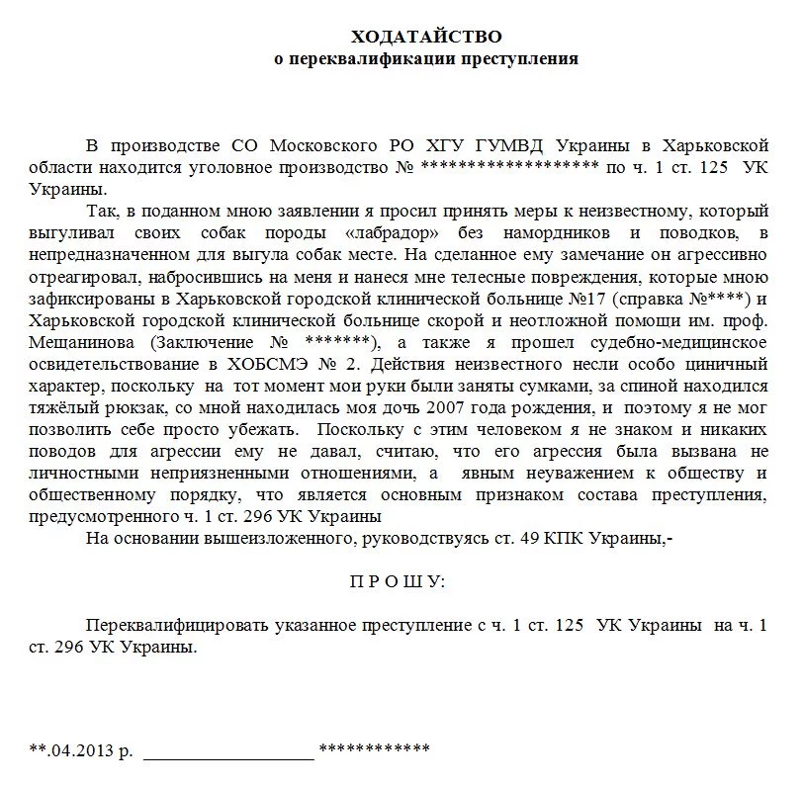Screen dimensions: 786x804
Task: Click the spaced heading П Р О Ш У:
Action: [398, 581]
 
